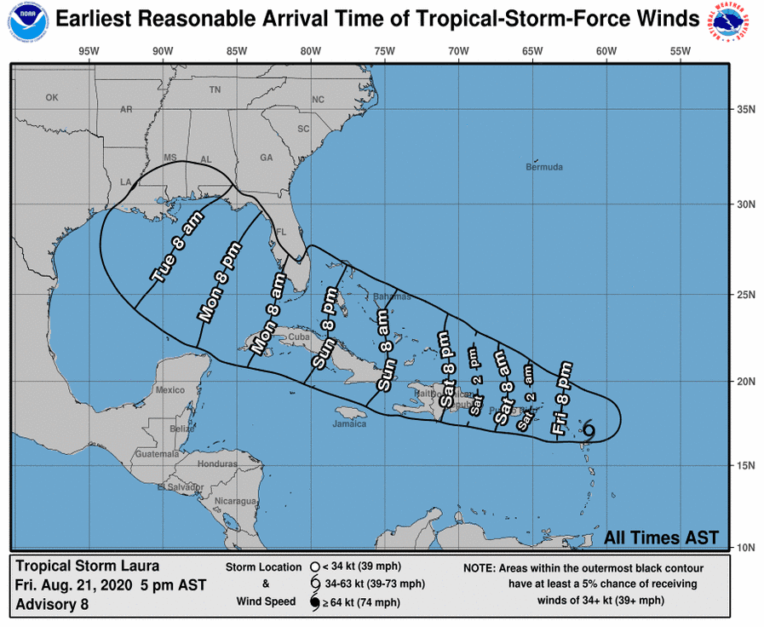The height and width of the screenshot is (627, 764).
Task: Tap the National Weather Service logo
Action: (x=732, y=24)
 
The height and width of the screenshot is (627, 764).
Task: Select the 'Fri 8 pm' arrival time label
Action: (x=561, y=400)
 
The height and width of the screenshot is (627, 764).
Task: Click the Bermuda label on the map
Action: (x=544, y=167)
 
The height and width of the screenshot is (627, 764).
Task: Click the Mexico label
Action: (x=170, y=389)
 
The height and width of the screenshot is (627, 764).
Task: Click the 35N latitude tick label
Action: (x=747, y=109)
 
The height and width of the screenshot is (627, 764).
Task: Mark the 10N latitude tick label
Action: (x=747, y=547)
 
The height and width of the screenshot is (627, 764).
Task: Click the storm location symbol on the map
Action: (x=588, y=429)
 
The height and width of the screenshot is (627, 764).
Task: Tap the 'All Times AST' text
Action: (x=661, y=538)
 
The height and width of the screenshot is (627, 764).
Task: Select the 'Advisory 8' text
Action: (x=52, y=605)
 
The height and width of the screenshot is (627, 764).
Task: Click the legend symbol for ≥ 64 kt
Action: (x=314, y=603)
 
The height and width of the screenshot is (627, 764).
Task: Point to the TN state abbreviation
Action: (x=215, y=89)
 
